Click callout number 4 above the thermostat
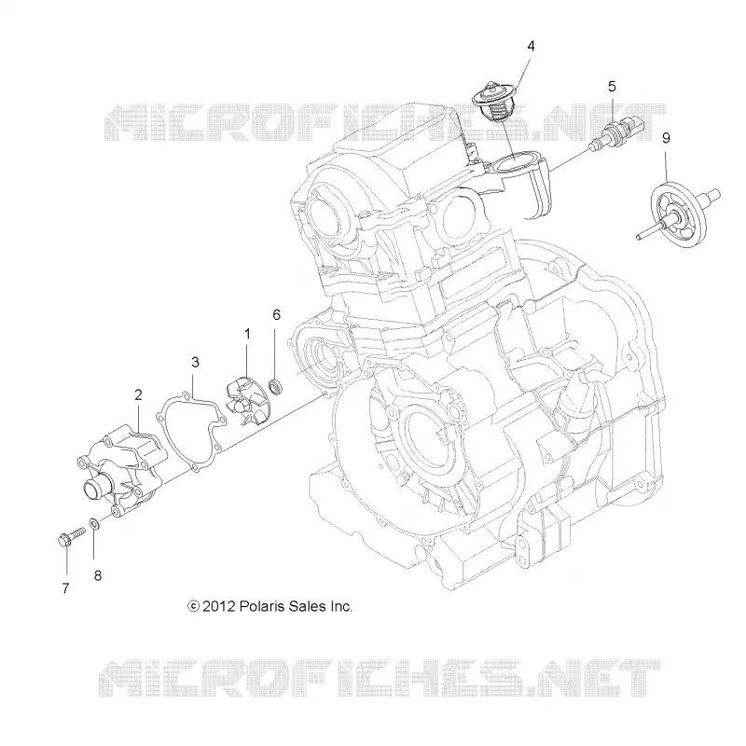coord(531,46)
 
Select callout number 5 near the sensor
coord(612,87)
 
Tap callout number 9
coord(666,138)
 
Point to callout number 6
coord(276,314)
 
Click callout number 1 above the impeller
coord(247,335)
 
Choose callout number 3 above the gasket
coord(195,363)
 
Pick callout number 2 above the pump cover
coord(138,394)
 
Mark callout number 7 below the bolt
coord(65,588)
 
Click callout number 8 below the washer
coord(98,575)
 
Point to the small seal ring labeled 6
coord(275,386)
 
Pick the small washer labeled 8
coord(94,524)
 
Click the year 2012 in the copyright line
coord(219,607)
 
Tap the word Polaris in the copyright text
coord(262,607)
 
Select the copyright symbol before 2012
coord(193,607)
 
